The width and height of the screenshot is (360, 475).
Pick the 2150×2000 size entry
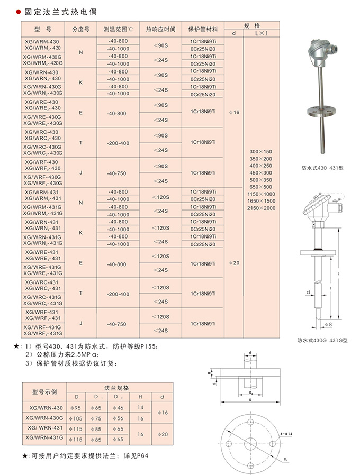pyautogui.click(x=262, y=208)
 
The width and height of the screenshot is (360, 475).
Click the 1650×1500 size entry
pyautogui.click(x=262, y=201)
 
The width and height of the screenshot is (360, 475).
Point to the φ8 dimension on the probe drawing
pyautogui.click(x=328, y=324)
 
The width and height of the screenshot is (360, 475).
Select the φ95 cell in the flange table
pyautogui.click(x=77, y=407)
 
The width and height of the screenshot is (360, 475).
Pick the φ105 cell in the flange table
pyautogui.click(x=77, y=418)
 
